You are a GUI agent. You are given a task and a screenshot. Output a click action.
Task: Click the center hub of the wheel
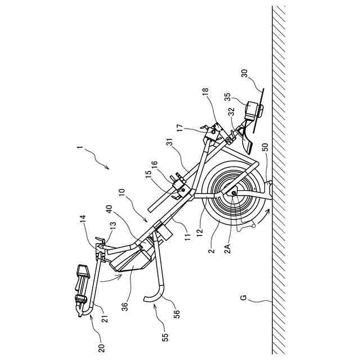pos(233,194)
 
